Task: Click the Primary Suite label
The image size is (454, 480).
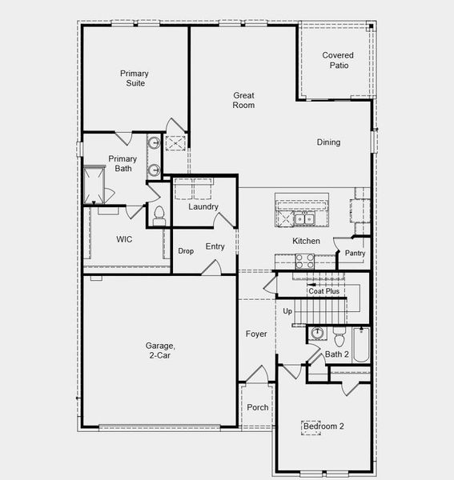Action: click(x=135, y=78)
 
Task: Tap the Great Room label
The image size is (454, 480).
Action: click(x=243, y=100)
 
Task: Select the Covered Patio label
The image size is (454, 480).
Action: click(x=338, y=60)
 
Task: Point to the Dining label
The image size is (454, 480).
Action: click(x=328, y=142)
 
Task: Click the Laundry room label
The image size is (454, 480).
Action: click(x=203, y=207)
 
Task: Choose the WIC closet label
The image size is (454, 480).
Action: click(x=124, y=239)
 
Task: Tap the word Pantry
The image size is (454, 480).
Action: click(x=355, y=254)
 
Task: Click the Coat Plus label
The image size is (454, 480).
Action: click(x=324, y=291)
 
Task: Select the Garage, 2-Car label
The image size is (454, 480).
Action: click(x=158, y=350)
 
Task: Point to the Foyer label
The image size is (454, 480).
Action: click(x=256, y=334)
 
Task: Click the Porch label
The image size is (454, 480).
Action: click(x=258, y=407)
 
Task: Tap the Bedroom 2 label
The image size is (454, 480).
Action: click(x=323, y=426)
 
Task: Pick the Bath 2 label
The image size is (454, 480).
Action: click(x=337, y=354)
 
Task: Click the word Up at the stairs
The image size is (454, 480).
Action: click(x=287, y=310)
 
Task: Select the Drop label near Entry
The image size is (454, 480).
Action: click(x=186, y=251)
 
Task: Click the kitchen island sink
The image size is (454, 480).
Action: click(x=303, y=218)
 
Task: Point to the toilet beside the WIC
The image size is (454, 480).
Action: click(x=159, y=213)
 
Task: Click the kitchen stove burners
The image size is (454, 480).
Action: click(x=305, y=259)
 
